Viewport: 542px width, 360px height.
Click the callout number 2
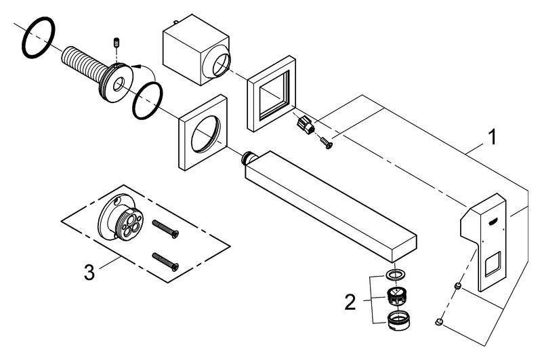pyautogui.click(x=350, y=302)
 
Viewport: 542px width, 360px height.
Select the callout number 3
pyautogui.click(x=89, y=272)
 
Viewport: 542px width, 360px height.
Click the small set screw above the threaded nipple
pyautogui.click(x=116, y=43)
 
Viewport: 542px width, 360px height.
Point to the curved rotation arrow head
pyautogui.click(x=135, y=66)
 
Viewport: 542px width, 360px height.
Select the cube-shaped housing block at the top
pyautogui.click(x=196, y=49)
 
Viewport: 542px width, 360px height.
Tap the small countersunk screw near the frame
pyautogui.click(x=327, y=142)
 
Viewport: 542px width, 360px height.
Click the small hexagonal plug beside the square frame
pyautogui.click(x=306, y=125)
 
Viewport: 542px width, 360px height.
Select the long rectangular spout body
pyautogui.click(x=330, y=206)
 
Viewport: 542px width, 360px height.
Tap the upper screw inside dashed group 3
pyautogui.click(x=165, y=229)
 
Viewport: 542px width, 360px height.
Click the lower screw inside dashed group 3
pyautogui.click(x=165, y=262)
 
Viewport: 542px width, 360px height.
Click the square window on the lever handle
pyautogui.click(x=493, y=264)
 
